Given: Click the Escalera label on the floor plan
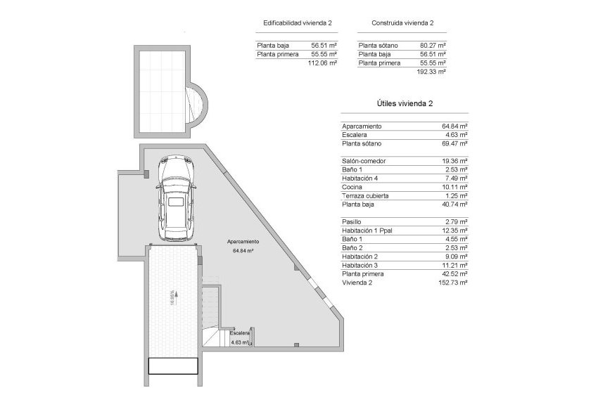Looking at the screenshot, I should pos(239,333).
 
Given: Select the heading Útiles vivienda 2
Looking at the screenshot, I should pos(404,103).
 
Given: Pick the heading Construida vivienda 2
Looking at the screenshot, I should pos(402,23).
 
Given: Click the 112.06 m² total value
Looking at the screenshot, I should pos(322,63).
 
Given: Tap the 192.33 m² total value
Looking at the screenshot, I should pos(432,71).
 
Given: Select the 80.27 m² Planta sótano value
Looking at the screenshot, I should pos(433,46).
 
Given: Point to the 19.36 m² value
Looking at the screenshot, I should pos(454,161).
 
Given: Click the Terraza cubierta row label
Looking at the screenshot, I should pos(365,195).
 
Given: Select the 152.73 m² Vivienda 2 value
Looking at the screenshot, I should pos(453,283).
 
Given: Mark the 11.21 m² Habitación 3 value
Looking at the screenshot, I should pos(455,265).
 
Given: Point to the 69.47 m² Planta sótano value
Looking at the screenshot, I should pos(454,143).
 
